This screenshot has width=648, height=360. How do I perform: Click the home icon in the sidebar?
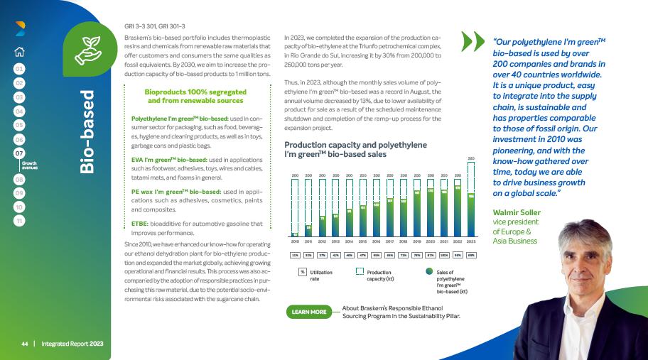tap(20, 50)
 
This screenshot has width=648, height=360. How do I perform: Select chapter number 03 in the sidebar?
tap(20, 97)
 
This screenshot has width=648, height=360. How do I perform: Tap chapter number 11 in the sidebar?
tap(20, 221)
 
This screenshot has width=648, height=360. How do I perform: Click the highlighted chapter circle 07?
tap(20, 152)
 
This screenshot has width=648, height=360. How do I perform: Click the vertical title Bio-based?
tap(87, 132)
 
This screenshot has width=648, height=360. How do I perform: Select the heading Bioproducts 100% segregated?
tap(194, 92)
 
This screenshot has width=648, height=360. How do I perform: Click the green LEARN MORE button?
tap(309, 311)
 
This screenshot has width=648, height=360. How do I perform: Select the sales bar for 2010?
tap(295, 233)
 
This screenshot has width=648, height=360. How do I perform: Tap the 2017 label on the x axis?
tap(389, 241)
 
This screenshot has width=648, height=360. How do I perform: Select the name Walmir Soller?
tap(516, 212)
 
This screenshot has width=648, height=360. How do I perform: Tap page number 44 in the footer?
tap(24, 344)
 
